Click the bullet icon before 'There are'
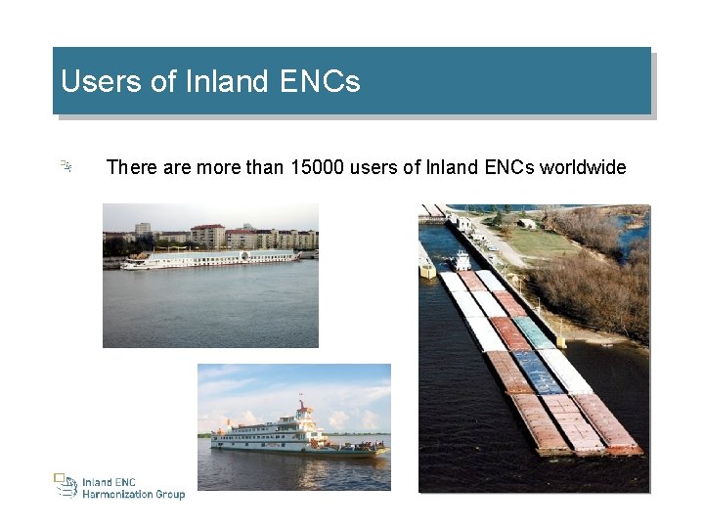click(65, 167)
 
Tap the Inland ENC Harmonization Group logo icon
click(65, 486)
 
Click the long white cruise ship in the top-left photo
click(210, 258)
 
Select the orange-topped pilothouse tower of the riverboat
click(306, 412)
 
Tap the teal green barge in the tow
click(534, 332)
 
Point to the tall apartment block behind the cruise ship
click(207, 235)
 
